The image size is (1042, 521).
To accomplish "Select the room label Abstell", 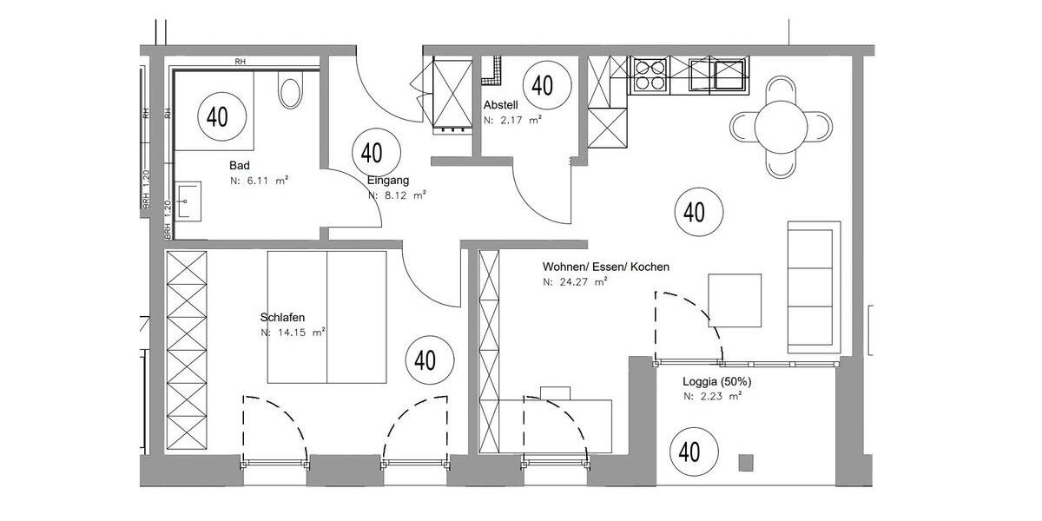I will [x=501, y=104].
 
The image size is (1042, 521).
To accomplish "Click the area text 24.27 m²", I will [x=575, y=282].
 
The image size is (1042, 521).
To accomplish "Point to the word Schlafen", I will [x=283, y=317].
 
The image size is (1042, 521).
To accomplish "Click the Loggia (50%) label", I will [x=716, y=381].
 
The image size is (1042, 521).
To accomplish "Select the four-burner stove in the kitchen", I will [x=650, y=75].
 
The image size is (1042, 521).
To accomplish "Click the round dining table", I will [x=781, y=127].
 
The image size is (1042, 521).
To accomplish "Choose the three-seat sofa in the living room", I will [x=814, y=287].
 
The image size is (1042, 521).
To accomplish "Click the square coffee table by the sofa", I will [x=735, y=300].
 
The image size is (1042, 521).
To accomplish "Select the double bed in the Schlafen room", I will [x=326, y=317].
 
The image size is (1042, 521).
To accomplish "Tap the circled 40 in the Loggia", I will [x=689, y=452].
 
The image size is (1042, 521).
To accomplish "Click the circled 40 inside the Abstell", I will [x=543, y=85].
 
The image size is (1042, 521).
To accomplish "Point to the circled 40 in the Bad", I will [x=217, y=115].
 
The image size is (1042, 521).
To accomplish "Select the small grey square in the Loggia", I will [x=746, y=462].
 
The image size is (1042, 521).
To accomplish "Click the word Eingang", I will [x=387, y=180].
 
